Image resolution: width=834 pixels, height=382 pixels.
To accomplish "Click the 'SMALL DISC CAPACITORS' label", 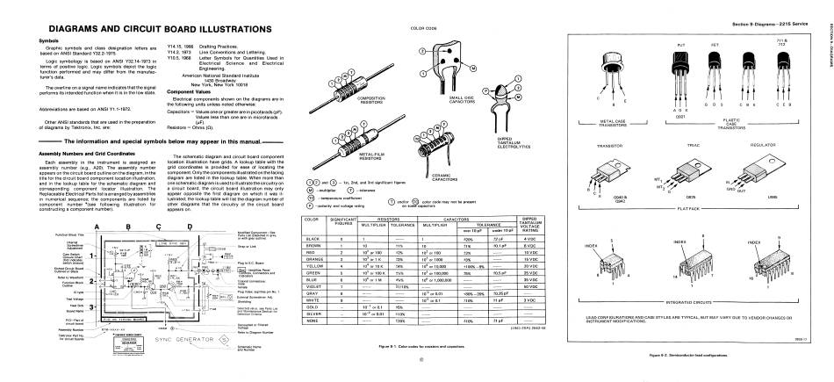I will click(463, 98).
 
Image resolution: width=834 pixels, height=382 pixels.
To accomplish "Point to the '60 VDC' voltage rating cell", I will click(528, 287).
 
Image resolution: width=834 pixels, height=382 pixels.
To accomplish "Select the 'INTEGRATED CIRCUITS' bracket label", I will click(715, 301).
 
